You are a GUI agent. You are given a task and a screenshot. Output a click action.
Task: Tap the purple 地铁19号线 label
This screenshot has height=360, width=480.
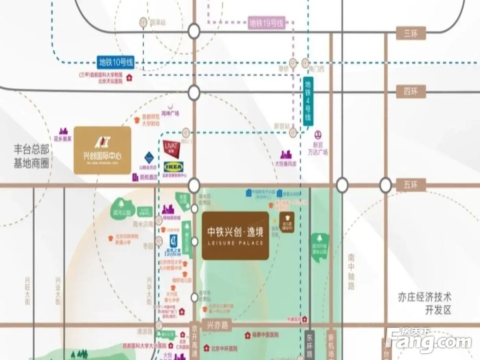(267, 22)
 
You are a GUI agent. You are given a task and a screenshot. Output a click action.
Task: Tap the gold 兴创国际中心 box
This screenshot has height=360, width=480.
(103, 150)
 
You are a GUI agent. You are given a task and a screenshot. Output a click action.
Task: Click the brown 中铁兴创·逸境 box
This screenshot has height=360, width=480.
(235, 236)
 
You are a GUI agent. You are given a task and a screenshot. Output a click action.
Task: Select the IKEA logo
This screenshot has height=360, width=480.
(173, 167)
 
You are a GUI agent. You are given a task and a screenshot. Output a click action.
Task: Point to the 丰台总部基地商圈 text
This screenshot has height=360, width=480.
(32, 156)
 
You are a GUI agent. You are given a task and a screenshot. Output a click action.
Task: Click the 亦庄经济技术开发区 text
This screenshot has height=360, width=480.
(425, 303)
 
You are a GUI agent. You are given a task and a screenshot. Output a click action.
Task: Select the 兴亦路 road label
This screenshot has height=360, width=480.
(217, 325)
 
